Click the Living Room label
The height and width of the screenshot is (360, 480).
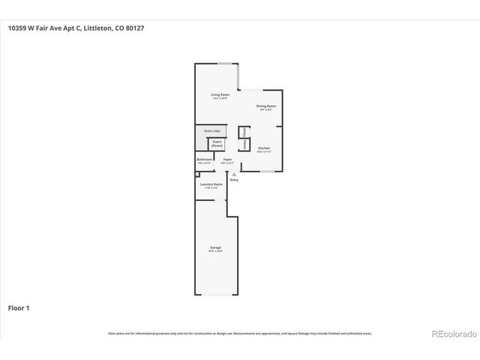coord(220,95)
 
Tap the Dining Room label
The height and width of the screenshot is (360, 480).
coord(266,106)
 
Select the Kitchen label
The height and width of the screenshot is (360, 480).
coord(264,149)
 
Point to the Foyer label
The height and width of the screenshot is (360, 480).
coord(227,160)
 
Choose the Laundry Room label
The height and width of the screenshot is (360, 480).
coord(211,185)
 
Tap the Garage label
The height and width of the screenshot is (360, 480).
coord(215,249)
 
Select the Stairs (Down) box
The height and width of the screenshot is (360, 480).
coord(217,143)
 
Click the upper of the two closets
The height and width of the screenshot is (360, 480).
coord(244,132)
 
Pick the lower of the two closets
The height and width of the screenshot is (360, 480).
coord(244,145)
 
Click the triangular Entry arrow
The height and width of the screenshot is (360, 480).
coord(233,174)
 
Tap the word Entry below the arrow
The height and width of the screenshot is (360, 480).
coord(234,180)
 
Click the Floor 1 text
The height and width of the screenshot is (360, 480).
coord(19,307)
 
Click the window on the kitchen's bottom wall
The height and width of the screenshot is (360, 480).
coord(266,172)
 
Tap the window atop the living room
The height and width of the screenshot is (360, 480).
coord(223,64)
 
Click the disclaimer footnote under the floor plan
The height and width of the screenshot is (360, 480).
coord(240,334)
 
